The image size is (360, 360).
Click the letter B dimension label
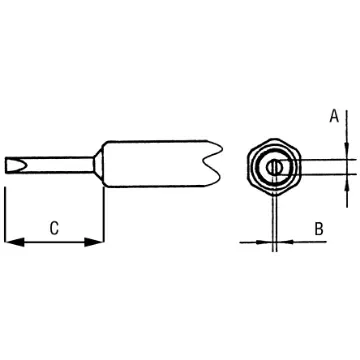(318, 229)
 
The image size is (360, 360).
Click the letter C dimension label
(54, 228)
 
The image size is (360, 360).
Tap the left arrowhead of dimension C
(11, 241)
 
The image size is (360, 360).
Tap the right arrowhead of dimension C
(98, 241)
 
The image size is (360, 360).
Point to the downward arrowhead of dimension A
(346, 150)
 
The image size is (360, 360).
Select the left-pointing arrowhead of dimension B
(279, 241)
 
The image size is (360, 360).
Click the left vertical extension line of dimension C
(6, 215)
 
